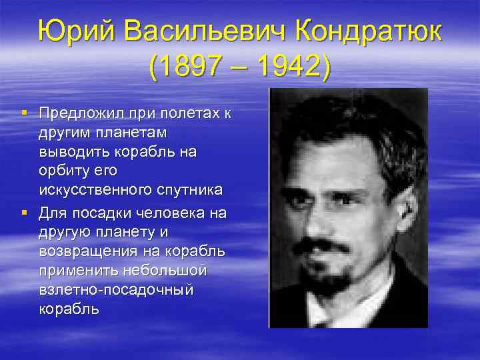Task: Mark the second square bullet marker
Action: [x=24, y=213]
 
